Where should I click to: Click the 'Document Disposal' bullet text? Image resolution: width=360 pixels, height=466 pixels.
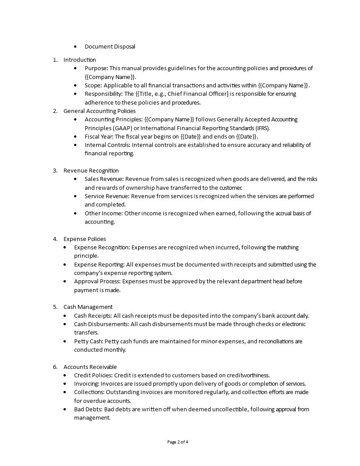click(x=110, y=46)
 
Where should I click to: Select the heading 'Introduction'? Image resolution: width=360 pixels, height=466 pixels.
click(x=79, y=60)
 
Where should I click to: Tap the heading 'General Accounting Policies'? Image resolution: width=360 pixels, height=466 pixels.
click(x=99, y=111)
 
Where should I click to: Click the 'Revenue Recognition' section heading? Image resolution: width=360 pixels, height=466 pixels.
click(x=91, y=170)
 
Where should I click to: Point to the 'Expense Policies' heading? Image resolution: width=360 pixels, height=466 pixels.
click(x=85, y=239)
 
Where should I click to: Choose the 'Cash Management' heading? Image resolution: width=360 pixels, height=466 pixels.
click(x=88, y=307)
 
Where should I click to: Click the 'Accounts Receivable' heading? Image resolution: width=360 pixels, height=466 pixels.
click(x=90, y=367)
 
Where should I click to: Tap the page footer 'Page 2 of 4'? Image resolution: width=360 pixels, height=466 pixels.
click(x=180, y=442)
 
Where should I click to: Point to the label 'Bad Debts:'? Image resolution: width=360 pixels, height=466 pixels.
click(x=88, y=409)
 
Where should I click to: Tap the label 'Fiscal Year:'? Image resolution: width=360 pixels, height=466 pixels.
click(x=99, y=136)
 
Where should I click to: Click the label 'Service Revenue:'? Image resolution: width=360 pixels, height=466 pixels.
click(x=107, y=196)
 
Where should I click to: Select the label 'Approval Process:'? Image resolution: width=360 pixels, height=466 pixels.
click(x=97, y=281)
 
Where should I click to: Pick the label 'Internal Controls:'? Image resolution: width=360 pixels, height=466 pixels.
click(x=107, y=145)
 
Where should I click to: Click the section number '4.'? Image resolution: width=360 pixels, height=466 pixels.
click(x=55, y=239)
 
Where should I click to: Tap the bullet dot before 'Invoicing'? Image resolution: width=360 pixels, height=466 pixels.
click(x=65, y=384)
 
